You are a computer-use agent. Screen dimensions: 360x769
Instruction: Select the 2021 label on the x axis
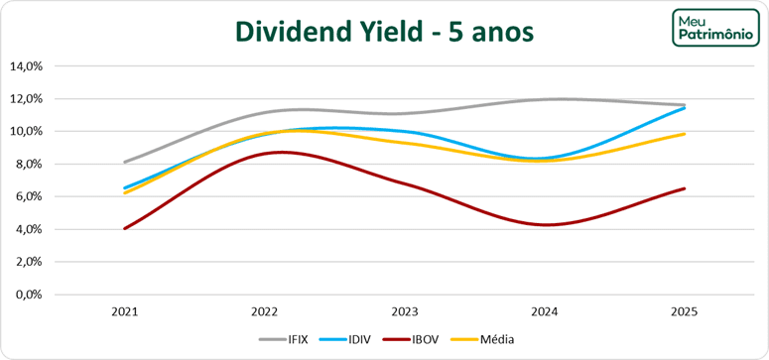tap(124, 311)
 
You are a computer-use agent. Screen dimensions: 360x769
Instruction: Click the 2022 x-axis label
tap(264, 311)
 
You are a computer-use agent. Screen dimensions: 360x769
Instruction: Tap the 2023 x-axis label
tap(404, 311)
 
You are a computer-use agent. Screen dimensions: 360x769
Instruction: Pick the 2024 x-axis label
tap(544, 311)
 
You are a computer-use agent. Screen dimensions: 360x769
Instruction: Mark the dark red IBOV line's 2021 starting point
tap(124, 228)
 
